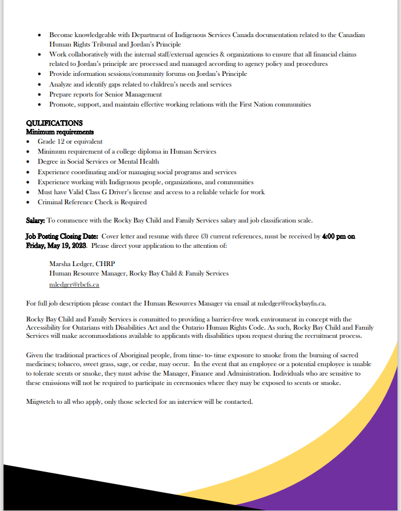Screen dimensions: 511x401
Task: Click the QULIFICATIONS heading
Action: point(54,123)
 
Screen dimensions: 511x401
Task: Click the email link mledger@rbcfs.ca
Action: point(74,284)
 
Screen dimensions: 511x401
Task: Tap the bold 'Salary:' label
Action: point(35,220)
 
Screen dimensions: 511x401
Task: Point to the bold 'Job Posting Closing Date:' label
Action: point(62,236)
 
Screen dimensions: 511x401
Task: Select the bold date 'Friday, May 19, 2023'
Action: point(58,246)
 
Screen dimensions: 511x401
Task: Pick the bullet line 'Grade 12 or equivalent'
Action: point(69,141)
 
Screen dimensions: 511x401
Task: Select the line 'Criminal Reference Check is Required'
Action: point(92,202)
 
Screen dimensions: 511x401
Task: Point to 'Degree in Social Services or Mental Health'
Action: point(98,162)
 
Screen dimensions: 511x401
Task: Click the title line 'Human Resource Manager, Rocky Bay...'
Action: point(138,274)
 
